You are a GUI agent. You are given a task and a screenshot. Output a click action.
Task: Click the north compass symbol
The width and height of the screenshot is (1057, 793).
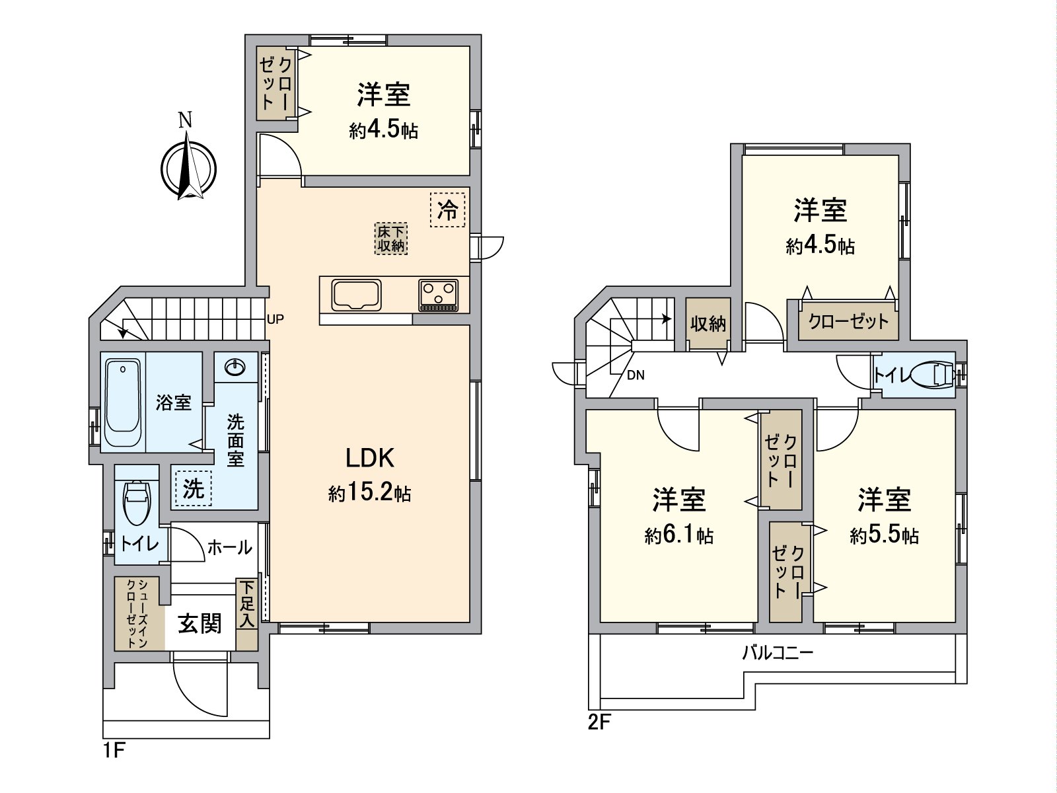pyautogui.click(x=188, y=165)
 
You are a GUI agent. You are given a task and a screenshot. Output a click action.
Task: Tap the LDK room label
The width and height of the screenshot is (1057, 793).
pyautogui.click(x=370, y=457)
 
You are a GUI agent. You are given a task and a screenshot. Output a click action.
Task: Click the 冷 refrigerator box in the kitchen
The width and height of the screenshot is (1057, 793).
pyautogui.click(x=447, y=210)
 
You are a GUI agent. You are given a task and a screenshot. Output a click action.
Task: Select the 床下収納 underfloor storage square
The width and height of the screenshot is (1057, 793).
pyautogui.click(x=391, y=239)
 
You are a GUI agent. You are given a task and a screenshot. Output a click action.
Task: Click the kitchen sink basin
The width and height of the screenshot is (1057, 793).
pyautogui.click(x=357, y=295)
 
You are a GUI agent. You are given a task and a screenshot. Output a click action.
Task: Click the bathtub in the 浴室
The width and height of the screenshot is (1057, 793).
pyautogui.click(x=124, y=403)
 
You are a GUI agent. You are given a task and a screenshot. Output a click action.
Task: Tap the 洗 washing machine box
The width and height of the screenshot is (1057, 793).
pyautogui.click(x=193, y=488)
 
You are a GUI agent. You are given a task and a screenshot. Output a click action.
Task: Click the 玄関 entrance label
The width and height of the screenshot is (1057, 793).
pyautogui.click(x=200, y=623)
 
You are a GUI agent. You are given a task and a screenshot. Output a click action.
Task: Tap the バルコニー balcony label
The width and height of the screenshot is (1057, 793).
pyautogui.click(x=778, y=654)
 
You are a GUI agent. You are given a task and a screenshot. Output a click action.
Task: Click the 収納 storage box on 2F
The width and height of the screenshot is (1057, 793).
pyautogui.click(x=708, y=324)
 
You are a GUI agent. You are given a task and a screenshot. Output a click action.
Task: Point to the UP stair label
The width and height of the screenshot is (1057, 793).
pyautogui.click(x=275, y=319)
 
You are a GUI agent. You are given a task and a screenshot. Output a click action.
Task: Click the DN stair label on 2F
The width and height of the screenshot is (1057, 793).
pyautogui.click(x=636, y=375)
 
